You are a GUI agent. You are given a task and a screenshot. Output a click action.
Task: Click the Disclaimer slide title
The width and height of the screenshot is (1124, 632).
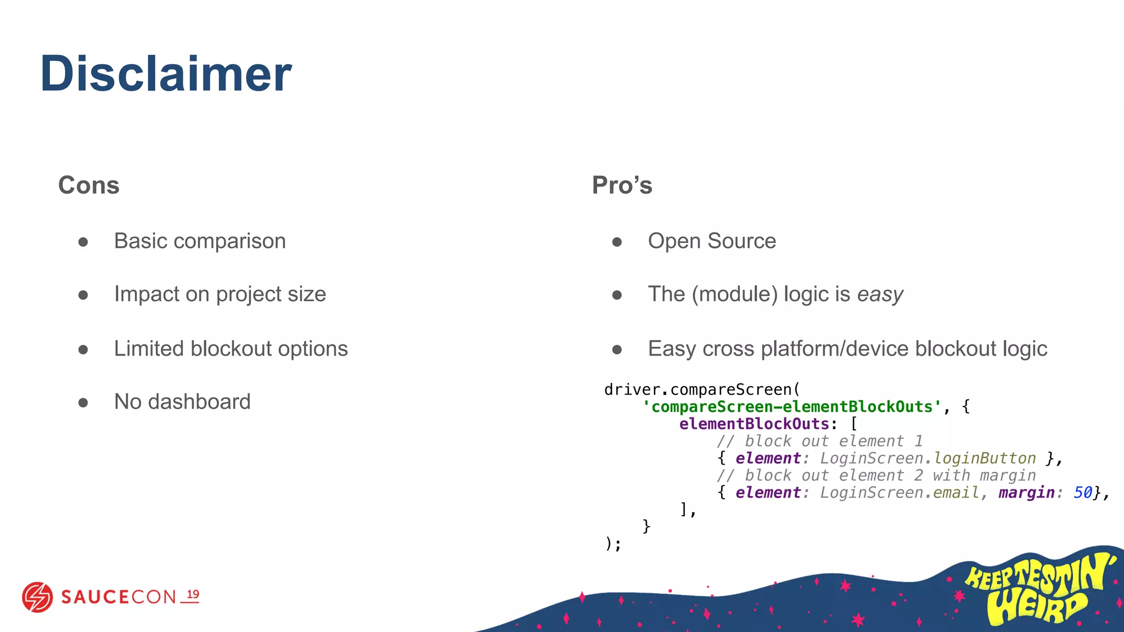(x=166, y=74)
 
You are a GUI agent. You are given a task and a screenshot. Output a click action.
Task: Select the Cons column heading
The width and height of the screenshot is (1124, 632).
(x=89, y=185)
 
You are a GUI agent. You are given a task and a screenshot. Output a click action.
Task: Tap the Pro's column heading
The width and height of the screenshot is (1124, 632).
(x=622, y=185)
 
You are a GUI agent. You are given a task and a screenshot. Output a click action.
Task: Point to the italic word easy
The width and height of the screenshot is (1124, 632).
(x=880, y=295)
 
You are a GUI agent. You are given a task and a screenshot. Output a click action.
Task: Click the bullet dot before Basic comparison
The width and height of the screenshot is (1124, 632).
(x=83, y=242)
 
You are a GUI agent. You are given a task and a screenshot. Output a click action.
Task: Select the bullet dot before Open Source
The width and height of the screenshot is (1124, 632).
(x=617, y=242)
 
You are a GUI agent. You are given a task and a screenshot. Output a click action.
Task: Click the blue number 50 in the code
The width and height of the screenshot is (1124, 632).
(x=1082, y=493)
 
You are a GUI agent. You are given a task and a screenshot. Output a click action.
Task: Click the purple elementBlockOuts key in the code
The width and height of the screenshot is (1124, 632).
(x=754, y=424)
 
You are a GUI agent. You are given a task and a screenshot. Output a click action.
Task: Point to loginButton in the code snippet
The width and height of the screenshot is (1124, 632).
(x=985, y=458)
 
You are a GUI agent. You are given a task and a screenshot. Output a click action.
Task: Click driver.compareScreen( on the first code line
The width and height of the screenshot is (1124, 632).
(x=702, y=390)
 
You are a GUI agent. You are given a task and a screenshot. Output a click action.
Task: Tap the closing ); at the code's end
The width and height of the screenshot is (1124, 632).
(x=612, y=544)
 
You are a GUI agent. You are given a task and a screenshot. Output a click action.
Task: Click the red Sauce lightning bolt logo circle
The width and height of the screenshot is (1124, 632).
(x=37, y=597)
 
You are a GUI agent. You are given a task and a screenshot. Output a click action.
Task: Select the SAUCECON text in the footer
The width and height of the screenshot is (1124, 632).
(x=118, y=597)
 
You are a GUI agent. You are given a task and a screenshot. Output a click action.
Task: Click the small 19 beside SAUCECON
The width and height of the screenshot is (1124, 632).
(x=193, y=595)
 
